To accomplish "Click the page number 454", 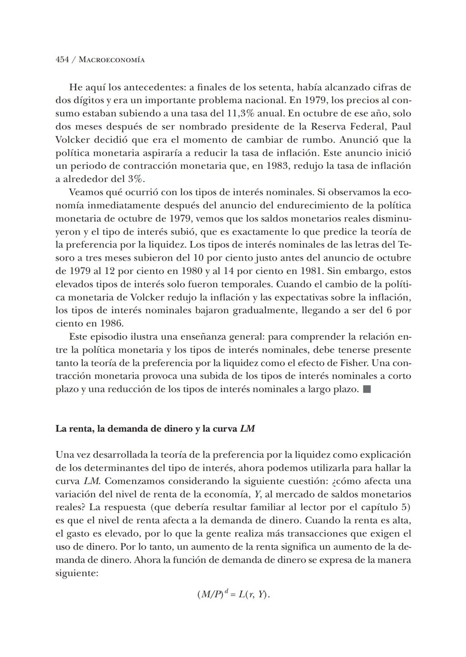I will tap(62, 60).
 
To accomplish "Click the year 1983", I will tap(276, 166).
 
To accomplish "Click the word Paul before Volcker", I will tap(401, 126).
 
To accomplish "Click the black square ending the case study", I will tap(367, 390).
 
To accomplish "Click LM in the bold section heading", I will tap(247, 429).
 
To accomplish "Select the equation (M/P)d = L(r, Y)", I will tap(233, 594).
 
